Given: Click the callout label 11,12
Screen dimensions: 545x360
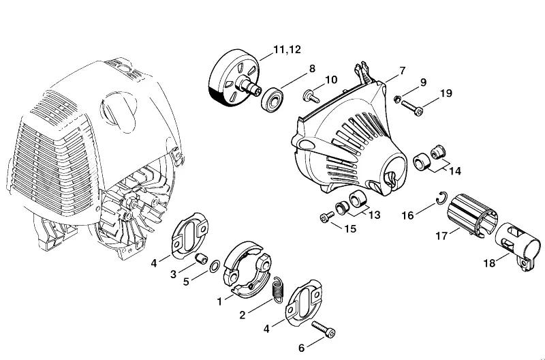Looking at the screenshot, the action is click(287, 50).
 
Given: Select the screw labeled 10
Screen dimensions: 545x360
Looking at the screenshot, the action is click(311, 96).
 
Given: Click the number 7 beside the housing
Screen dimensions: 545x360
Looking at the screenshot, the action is click(402, 71).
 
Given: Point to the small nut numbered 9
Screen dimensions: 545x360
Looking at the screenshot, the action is click(397, 99).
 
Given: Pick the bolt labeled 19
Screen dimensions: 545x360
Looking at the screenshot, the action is click(412, 108).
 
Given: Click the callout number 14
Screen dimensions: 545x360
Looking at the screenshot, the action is click(455, 171).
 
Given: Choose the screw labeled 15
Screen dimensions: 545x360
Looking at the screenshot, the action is click(327, 217).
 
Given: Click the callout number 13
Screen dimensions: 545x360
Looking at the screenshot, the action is click(374, 215).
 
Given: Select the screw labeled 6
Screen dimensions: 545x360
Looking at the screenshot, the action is click(324, 329).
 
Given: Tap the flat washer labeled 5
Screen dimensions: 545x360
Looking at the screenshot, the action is click(215, 266).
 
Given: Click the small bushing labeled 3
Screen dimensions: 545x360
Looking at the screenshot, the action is click(200, 258).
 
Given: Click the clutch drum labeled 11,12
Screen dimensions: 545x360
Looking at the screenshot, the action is click(234, 78).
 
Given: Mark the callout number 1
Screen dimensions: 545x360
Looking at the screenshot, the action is click(219, 301).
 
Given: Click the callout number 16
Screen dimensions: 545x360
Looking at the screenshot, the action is click(407, 215).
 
